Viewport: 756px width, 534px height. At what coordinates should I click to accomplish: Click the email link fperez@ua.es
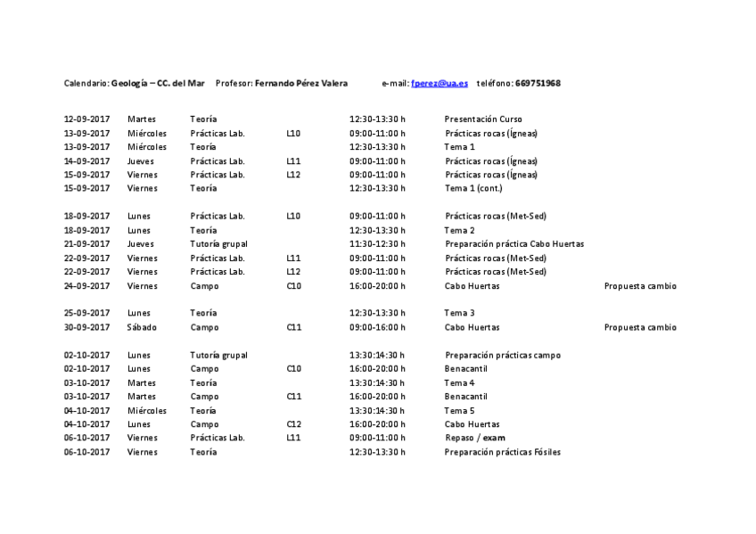coord(440,83)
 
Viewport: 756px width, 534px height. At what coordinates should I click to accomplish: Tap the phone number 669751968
coord(538,83)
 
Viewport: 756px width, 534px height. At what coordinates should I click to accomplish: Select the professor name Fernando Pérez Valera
coord(300,83)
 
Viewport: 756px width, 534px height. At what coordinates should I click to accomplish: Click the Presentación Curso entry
coord(483,119)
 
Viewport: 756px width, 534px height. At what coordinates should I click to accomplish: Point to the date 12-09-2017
coord(86,119)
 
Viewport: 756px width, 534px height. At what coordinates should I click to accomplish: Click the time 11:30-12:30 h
coord(377,243)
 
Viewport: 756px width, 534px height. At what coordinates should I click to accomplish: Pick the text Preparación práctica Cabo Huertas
coord(514,243)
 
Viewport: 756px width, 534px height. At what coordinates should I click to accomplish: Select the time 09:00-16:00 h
coord(377,327)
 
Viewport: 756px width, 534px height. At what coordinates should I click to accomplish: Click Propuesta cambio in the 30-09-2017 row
coord(640,327)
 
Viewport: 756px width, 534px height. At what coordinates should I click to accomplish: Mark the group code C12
coord(293,424)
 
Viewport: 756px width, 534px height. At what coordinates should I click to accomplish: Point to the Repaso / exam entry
coord(474,438)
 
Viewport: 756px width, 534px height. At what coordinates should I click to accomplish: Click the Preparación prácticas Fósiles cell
coord(503,452)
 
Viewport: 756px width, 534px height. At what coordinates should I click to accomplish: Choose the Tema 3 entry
coord(460,313)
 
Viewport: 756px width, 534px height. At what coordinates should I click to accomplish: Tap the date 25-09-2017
coord(86,313)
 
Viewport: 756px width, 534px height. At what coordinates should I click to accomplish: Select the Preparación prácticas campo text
coord(503,355)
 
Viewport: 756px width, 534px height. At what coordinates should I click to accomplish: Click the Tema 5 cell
coord(460,410)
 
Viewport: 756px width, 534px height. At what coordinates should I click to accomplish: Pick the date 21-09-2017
coord(86,243)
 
